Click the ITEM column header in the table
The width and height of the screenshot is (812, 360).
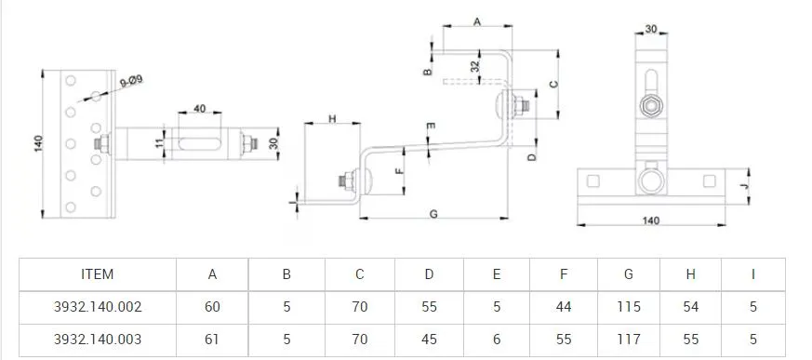click(97, 273)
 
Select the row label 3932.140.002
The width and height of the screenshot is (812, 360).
click(98, 306)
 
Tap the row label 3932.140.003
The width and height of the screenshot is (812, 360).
click(98, 340)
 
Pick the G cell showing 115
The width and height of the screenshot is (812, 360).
click(628, 306)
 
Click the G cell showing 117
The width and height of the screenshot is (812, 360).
click(628, 340)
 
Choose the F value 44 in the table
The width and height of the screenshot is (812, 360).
click(564, 306)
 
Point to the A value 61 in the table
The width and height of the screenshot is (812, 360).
click(213, 340)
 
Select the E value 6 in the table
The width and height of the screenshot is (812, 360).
click(497, 340)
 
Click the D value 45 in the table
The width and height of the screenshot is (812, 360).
click(429, 340)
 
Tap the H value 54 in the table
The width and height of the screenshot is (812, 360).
click(690, 306)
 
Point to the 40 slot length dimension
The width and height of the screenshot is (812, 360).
click(199, 110)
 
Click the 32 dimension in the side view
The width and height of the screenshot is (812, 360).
click(475, 67)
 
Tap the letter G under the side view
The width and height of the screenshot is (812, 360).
click(433, 213)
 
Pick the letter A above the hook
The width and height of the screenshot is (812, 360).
click(477, 20)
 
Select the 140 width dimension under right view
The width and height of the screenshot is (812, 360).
click(650, 221)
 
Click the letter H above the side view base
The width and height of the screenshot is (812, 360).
click(332, 119)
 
